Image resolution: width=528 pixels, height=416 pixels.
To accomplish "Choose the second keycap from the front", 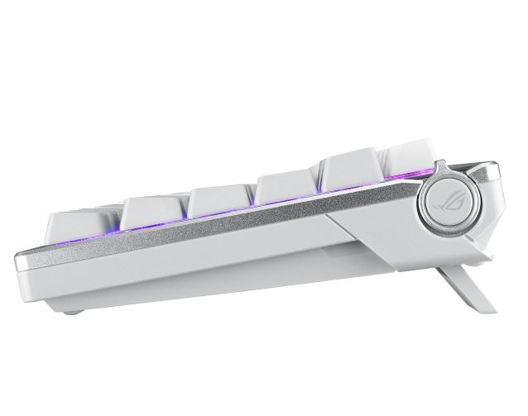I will tap(152, 211).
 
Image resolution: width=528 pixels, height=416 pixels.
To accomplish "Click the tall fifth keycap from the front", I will tap(353, 171).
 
